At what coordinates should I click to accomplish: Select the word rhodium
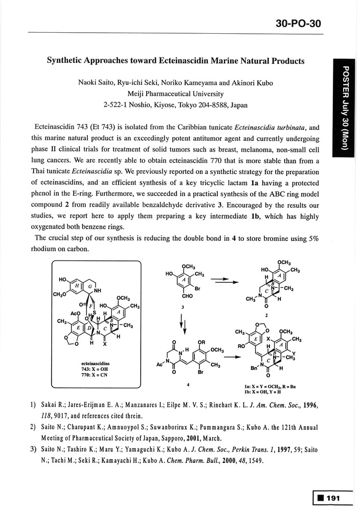pos(47,249)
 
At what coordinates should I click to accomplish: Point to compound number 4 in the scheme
pos(188,384)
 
